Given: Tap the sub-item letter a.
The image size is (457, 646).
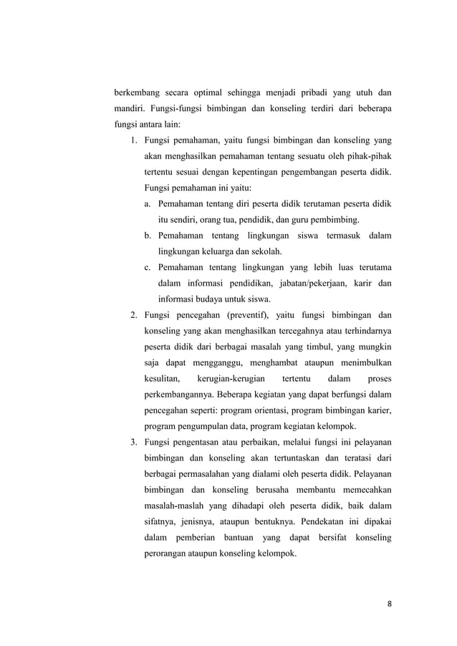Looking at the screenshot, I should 147,203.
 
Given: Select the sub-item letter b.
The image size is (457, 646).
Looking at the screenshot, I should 147,235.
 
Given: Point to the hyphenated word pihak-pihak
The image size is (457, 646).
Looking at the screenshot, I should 367,155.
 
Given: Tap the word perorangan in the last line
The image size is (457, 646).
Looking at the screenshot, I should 169,551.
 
